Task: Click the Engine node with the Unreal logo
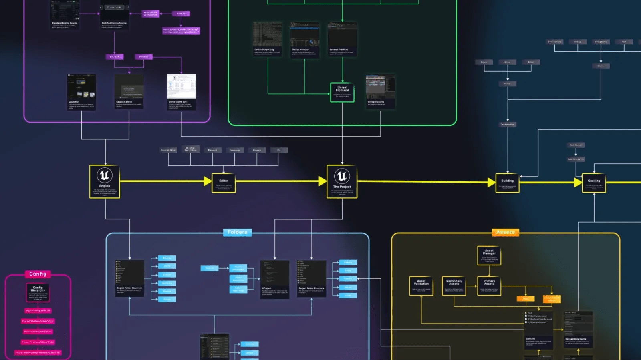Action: click(x=105, y=181)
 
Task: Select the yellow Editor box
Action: click(x=224, y=183)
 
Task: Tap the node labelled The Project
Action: click(x=342, y=181)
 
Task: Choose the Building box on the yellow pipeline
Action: click(x=507, y=183)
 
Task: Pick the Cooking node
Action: click(x=594, y=183)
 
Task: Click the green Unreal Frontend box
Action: click(x=342, y=92)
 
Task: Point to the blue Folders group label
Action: click(x=237, y=232)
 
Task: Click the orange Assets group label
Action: click(x=505, y=232)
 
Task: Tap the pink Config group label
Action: click(x=38, y=274)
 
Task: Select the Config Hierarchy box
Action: click(x=38, y=293)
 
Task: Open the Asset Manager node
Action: click(x=489, y=255)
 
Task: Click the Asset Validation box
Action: click(x=421, y=286)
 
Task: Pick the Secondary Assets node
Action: click(x=454, y=286)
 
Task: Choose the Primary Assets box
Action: click(x=489, y=286)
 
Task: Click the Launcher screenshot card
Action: click(x=81, y=92)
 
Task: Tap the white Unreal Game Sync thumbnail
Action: click(x=181, y=86)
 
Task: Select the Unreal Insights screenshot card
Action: click(x=380, y=92)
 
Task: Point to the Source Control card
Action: click(x=129, y=92)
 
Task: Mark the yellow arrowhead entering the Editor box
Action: click(x=208, y=181)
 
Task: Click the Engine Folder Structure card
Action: click(x=129, y=278)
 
